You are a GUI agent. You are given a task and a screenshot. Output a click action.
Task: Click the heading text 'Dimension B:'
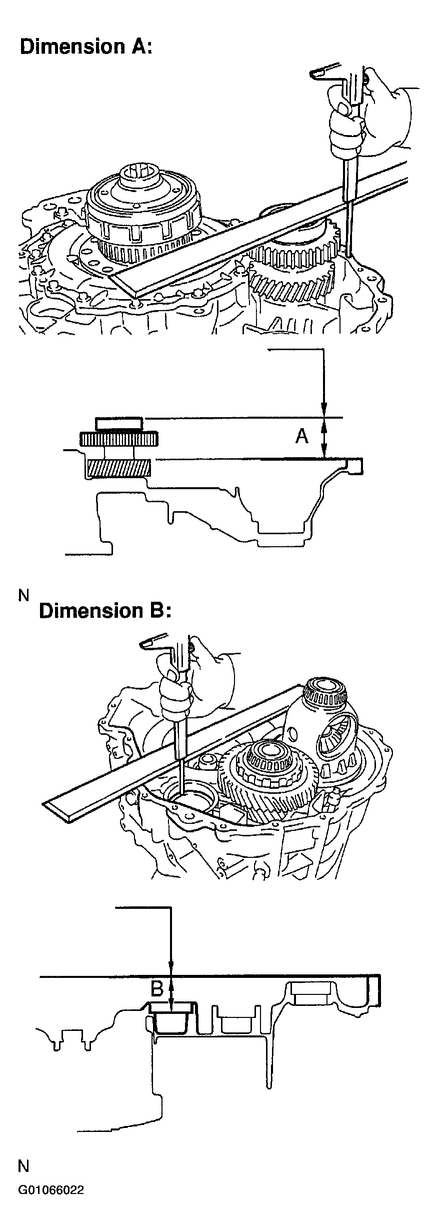[105, 611]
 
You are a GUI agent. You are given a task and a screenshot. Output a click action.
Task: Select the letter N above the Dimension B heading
[24, 595]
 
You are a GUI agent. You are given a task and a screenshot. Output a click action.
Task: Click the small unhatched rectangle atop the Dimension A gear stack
[118, 423]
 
